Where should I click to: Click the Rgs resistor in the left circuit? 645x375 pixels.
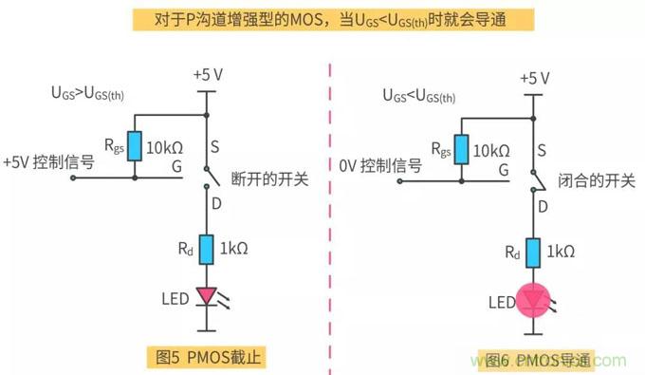pyautogui.click(x=135, y=146)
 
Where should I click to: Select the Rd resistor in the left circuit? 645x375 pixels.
pyautogui.click(x=206, y=253)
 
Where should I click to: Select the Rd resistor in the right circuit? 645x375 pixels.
pyautogui.click(x=533, y=253)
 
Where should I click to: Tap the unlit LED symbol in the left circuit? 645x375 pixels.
pyautogui.click(x=206, y=297)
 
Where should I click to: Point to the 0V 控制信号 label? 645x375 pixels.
pyautogui.click(x=379, y=165)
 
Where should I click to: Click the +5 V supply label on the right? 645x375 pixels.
pyautogui.click(x=535, y=76)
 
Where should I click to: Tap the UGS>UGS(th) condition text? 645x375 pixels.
pyautogui.click(x=92, y=93)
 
